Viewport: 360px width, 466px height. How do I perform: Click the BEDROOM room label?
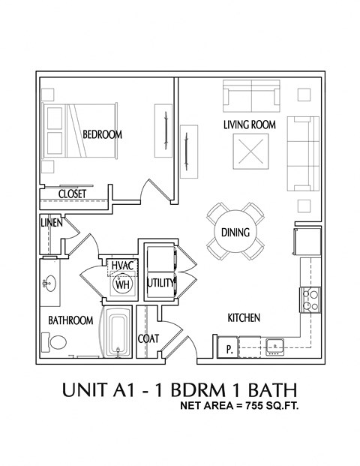(x=102, y=134)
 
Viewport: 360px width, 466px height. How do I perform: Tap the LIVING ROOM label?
(x=249, y=124)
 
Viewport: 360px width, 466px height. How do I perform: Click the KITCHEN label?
(x=244, y=318)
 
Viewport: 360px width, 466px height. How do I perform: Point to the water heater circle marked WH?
(x=121, y=284)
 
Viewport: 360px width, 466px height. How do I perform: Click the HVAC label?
(x=122, y=266)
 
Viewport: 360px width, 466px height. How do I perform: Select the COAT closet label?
(x=148, y=338)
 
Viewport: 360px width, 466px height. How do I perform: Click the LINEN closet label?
(x=51, y=224)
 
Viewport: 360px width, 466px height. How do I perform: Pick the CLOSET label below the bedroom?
(x=72, y=194)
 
